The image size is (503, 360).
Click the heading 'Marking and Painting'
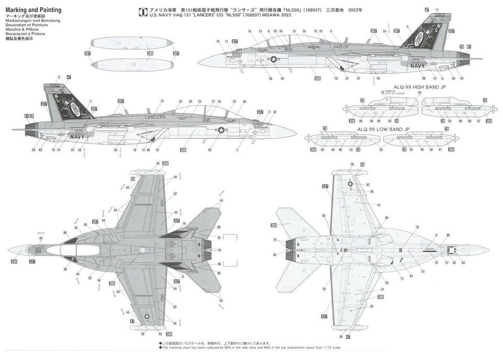point(33,9)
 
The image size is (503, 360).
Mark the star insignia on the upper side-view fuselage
point(273,60)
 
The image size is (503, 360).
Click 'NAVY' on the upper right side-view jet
point(418,66)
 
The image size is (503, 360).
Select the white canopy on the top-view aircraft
point(73,251)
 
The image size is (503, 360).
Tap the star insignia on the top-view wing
point(147,316)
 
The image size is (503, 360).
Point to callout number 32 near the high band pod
point(383,92)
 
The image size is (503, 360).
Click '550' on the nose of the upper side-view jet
point(237,53)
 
